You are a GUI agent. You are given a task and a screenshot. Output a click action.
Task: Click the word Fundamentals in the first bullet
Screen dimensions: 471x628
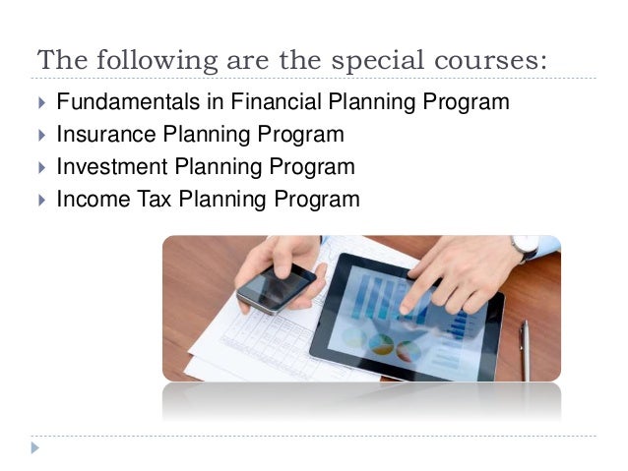tap(115, 102)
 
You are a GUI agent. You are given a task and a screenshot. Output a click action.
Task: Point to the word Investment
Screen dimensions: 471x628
tap(105, 167)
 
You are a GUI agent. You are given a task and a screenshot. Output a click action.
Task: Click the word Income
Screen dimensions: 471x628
tap(90, 200)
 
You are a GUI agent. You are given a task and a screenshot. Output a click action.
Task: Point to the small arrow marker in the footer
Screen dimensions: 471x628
tap(36, 448)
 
